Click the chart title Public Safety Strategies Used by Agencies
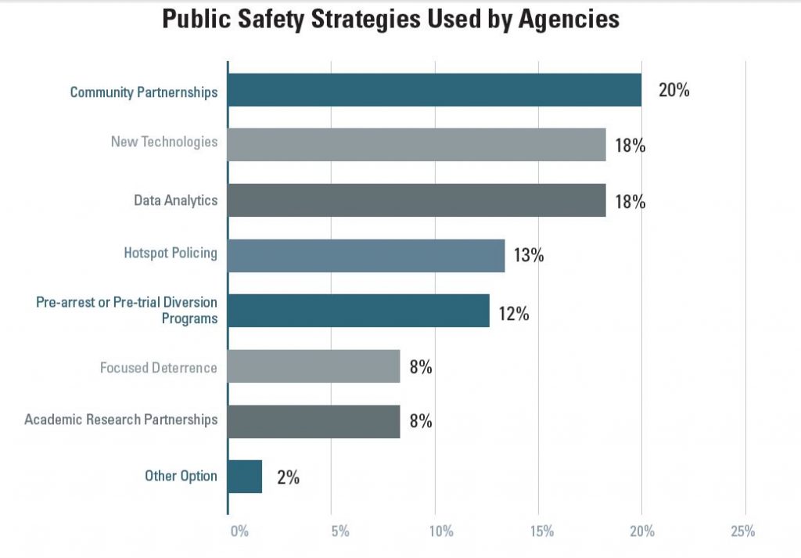pyautogui.click(x=390, y=20)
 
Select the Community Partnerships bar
pyautogui.click(x=434, y=90)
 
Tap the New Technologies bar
pyautogui.click(x=416, y=145)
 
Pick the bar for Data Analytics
pyautogui.click(x=416, y=200)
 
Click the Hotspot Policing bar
pyautogui.click(x=366, y=255)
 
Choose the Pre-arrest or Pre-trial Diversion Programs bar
pyautogui.click(x=358, y=311)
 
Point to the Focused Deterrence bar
pyautogui.click(x=314, y=365)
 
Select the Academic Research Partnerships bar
pyautogui.click(x=314, y=421)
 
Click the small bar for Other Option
pyautogui.click(x=245, y=477)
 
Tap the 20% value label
pyautogui.click(x=673, y=90)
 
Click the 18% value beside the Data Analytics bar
pyautogui.click(x=630, y=201)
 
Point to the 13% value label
pyautogui.click(x=529, y=256)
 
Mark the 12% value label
pyautogui.click(x=514, y=315)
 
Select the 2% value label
pyautogui.click(x=288, y=477)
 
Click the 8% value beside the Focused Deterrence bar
pyautogui.click(x=420, y=366)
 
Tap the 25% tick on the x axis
pyautogui.click(x=743, y=532)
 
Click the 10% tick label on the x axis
pyautogui.click(x=441, y=532)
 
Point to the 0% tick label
pyautogui.click(x=239, y=532)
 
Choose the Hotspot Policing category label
pyautogui.click(x=171, y=254)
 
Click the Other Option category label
pyautogui.click(x=181, y=476)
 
